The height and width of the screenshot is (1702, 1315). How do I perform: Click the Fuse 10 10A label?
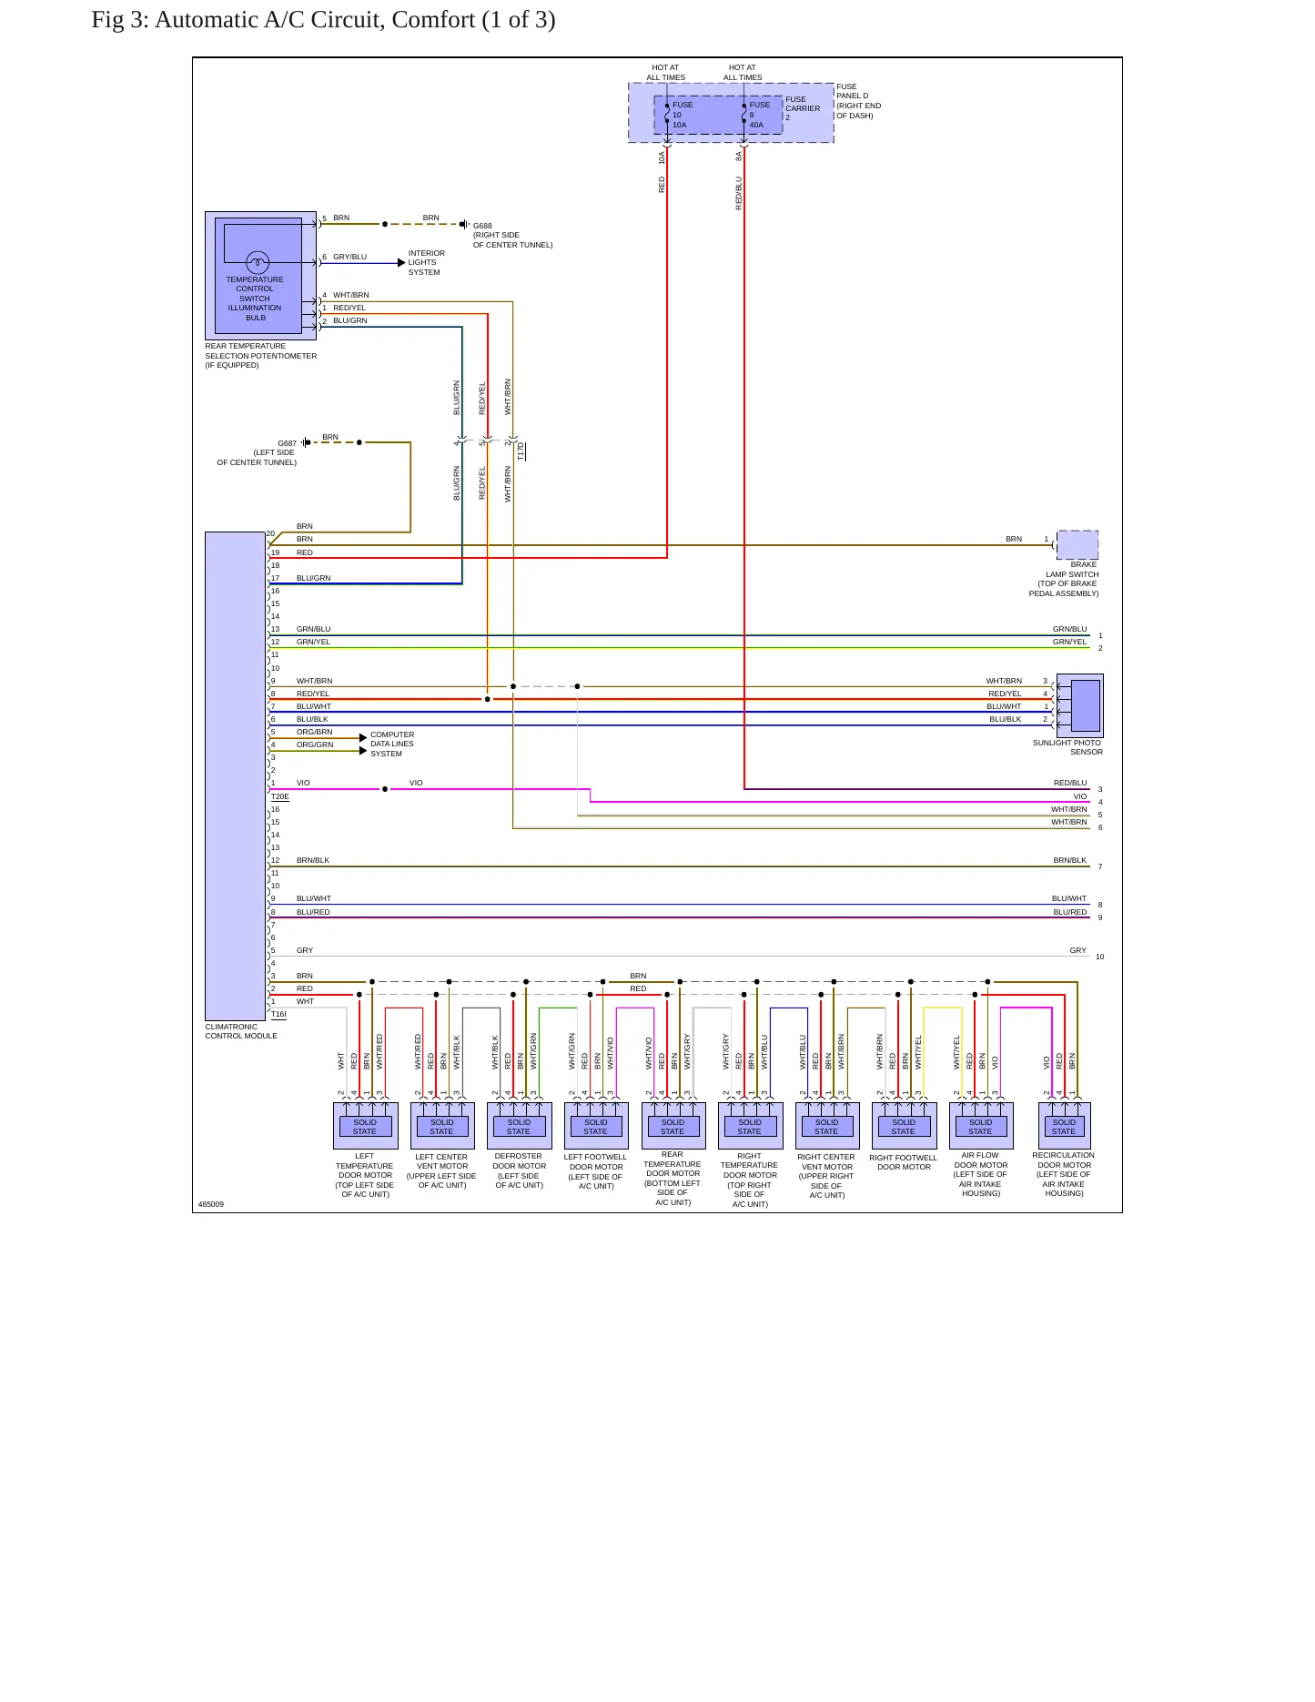point(683,115)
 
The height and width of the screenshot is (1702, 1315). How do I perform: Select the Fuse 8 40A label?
point(759,115)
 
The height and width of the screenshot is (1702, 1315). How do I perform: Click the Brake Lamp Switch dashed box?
point(1077,544)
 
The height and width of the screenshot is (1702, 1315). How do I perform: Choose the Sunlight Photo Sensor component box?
point(1079,705)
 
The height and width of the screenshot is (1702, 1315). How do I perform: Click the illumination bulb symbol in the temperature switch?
point(258,263)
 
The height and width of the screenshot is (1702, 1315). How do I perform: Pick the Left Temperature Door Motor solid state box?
point(365,1126)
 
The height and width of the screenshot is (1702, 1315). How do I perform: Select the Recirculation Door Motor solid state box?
point(1064,1126)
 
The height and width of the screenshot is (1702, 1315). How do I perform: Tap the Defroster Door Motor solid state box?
point(519,1126)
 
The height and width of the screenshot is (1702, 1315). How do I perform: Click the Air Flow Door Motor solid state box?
point(981,1126)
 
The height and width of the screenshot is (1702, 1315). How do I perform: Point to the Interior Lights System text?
point(426,263)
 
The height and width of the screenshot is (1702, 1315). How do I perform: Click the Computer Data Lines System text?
point(392,744)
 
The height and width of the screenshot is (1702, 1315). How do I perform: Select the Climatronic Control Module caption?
point(241,1031)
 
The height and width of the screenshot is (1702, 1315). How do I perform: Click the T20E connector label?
point(280,796)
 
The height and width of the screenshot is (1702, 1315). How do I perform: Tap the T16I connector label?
point(278,1014)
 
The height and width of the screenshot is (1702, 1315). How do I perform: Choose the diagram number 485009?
point(211,1204)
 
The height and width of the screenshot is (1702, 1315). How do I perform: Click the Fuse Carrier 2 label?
point(803,108)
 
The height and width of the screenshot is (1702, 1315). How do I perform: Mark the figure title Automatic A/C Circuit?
point(323,20)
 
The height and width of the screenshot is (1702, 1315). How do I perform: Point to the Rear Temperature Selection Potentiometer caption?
point(261,356)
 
